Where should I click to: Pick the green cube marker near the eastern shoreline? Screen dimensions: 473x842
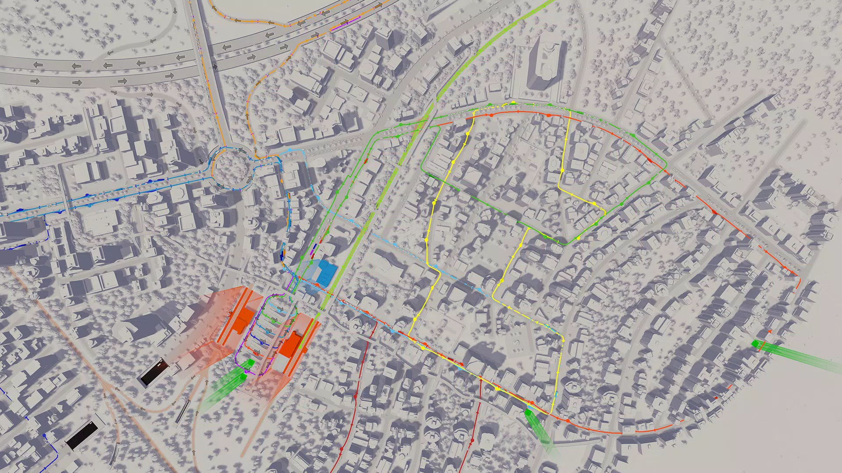(x=757, y=344)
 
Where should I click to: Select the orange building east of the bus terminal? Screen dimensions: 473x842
(x=291, y=343)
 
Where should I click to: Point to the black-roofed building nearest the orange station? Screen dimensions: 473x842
(x=154, y=371)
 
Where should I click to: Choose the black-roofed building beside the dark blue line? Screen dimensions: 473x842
(x=82, y=435)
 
